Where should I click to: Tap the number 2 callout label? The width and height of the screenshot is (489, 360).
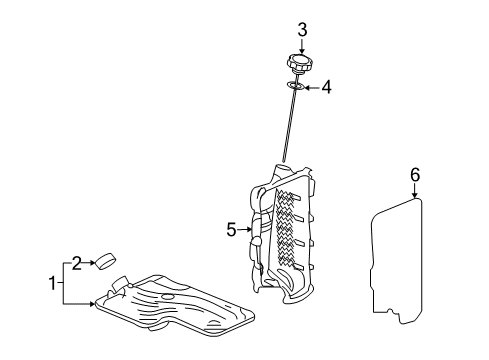(x=74, y=263)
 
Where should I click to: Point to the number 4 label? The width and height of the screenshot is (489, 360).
(x=326, y=88)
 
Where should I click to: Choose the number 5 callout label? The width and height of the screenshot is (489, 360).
(x=231, y=229)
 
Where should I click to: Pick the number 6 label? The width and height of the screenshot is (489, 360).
(x=414, y=175)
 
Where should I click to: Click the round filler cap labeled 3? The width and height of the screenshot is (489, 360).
(x=299, y=66)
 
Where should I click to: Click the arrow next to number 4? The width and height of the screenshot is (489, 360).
(x=311, y=88)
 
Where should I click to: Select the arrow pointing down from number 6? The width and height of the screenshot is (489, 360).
(x=414, y=192)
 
